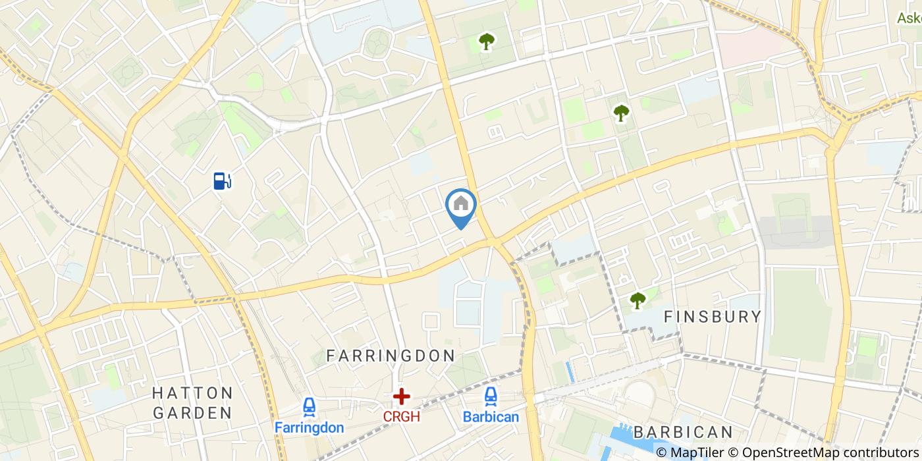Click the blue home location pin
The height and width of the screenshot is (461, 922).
pos(461,205)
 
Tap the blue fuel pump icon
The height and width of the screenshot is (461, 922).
pos(223,180)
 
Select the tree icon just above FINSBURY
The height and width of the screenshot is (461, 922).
pos(637,300)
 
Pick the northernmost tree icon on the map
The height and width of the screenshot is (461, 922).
pos(486,43)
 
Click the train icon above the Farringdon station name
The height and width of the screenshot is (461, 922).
pos(309,407)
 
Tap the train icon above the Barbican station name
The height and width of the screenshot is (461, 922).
pos(491,396)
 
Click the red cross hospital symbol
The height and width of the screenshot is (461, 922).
pos(401,396)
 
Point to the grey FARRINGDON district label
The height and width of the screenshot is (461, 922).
pos(391,356)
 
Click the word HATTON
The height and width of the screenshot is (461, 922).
pos(192,393)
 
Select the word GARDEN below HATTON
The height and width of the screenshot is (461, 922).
pos(192,414)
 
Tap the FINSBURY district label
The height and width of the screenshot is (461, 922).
pos(713,317)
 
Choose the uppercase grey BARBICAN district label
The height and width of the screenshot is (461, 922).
pos(683,433)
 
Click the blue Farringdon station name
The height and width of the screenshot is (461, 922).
pos(309,427)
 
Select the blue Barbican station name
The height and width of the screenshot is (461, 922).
pos(491,417)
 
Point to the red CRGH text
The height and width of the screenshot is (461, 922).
pos(401,416)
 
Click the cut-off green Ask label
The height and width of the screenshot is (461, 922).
pos(909,18)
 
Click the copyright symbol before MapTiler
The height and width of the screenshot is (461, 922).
pos(661,452)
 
